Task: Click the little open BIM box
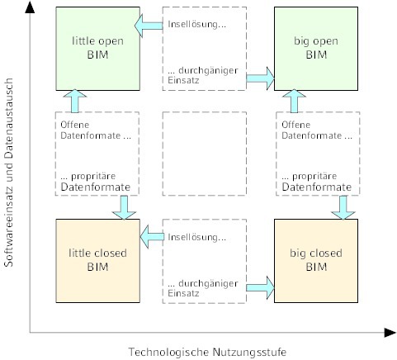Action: tap(97, 49)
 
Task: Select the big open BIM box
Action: tap(316, 49)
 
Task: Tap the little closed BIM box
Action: tap(97, 261)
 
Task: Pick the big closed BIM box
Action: tap(316, 261)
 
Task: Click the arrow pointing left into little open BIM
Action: tap(149, 26)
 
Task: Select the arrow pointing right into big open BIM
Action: tap(260, 78)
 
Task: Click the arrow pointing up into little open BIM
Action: tap(75, 101)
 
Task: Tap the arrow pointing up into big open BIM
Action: tap(294, 101)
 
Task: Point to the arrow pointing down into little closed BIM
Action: tap(124, 207)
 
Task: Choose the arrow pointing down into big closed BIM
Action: tap(343, 207)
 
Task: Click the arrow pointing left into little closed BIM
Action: tap(152, 237)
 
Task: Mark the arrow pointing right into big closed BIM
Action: tap(260, 288)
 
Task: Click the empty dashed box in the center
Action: tap(205, 154)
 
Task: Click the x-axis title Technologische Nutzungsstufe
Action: tap(207, 352)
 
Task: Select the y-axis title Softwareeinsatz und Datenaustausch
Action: tap(9, 173)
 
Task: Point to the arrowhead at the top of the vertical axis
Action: tap(30, 7)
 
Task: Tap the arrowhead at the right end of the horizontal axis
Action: tap(390, 333)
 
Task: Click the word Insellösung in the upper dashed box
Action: tap(197, 24)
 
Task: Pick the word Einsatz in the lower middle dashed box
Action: tap(183, 293)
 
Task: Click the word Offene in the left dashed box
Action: tap(75, 125)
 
